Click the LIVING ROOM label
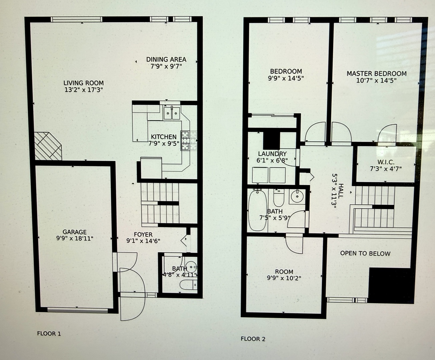[83, 83]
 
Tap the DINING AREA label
[166, 60]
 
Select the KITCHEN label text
[163, 137]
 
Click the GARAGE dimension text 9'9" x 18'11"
[75, 238]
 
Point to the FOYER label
[143, 235]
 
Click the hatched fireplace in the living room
[48, 146]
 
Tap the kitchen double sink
[171, 113]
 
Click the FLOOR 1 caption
[49, 333]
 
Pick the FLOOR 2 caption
[253, 339]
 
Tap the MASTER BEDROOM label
[376, 74]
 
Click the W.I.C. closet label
[386, 162]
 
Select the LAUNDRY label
[272, 154]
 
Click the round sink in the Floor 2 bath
[296, 196]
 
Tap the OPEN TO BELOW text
[365, 253]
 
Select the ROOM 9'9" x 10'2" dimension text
[284, 278]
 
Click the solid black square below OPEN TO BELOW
[390, 285]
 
